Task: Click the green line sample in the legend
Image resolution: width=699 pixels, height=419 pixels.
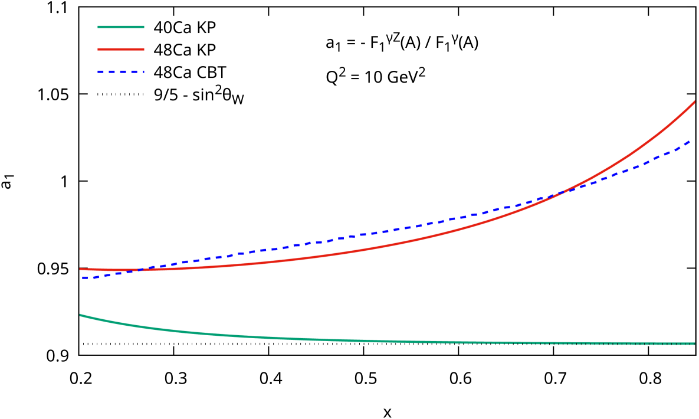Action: coord(121,27)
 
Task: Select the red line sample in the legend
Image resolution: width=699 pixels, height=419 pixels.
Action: coord(121,49)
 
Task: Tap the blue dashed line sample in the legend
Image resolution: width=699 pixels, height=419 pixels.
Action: coord(121,71)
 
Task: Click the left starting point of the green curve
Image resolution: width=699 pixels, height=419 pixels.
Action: coord(81,315)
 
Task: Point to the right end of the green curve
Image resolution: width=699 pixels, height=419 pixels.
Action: coord(694,343)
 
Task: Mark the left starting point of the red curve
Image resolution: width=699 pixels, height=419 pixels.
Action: coord(81,269)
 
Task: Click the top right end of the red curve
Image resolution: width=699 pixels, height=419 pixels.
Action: coord(694,102)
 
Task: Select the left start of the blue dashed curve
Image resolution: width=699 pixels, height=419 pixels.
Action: coord(83,278)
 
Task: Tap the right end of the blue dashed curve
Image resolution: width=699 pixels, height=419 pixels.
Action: coord(691,140)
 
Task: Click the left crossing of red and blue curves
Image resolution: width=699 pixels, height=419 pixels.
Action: coord(140,270)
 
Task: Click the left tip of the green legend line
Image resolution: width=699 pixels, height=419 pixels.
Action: coord(99,27)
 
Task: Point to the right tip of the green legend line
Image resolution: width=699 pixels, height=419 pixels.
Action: coord(143,27)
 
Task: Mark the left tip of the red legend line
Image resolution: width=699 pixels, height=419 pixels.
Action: coord(99,49)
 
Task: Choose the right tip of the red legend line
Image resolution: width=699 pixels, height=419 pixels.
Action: coord(143,49)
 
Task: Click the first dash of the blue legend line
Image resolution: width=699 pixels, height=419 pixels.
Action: coord(101,71)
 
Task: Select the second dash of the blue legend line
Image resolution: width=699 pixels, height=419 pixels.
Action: coord(112,71)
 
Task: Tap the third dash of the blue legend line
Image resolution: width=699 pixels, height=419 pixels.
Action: coord(123,71)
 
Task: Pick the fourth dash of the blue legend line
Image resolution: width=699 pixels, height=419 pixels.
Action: coord(134,71)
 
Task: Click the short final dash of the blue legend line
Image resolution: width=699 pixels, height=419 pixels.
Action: coord(143,71)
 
